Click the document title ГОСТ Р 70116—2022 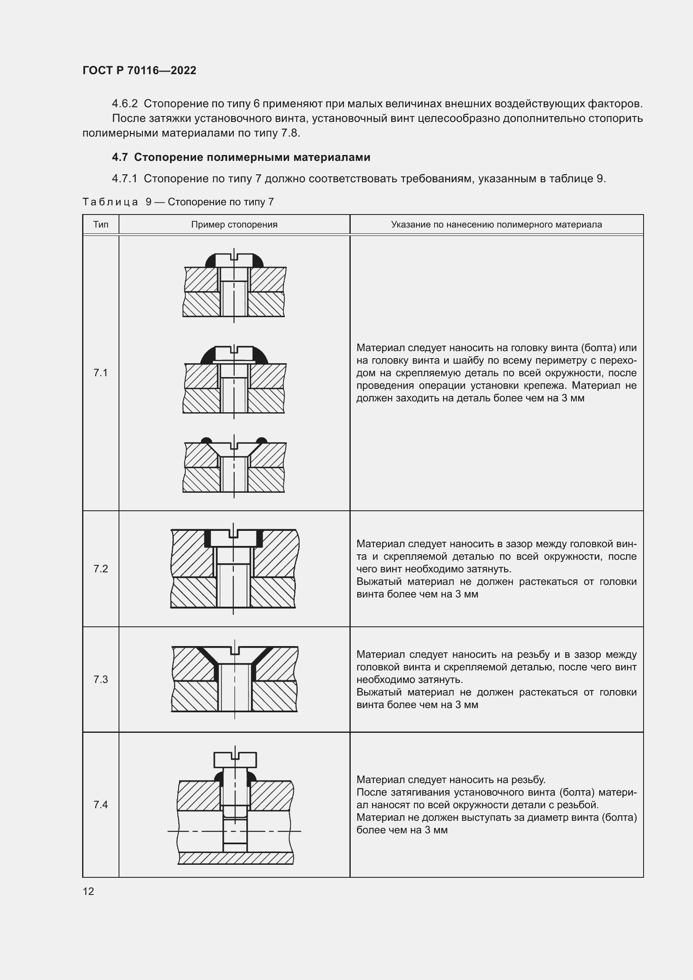click(x=139, y=70)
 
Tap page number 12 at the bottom click(x=88, y=891)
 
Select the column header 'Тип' click(x=101, y=225)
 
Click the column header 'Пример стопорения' click(x=234, y=225)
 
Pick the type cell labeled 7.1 click(x=101, y=372)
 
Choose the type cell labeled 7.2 click(x=101, y=569)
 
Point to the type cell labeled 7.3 click(x=101, y=679)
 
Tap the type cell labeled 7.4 click(x=101, y=804)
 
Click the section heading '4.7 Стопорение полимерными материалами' click(x=241, y=157)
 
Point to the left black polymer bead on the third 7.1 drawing click(x=206, y=440)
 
